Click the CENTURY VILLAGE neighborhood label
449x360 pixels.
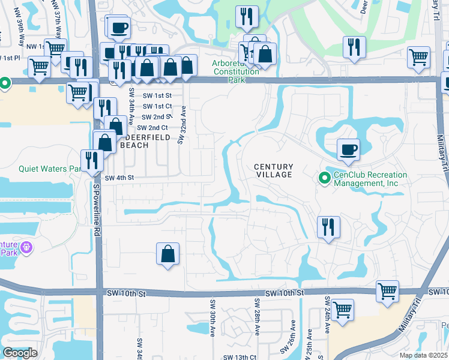273,171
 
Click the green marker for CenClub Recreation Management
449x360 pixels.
325,178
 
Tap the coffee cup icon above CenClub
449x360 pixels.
348,149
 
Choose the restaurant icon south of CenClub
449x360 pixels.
328,227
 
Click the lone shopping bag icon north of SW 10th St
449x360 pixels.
168,253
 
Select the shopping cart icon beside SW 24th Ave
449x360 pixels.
342,310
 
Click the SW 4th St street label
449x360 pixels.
118,178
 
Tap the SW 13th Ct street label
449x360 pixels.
240,356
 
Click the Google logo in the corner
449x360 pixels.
20,353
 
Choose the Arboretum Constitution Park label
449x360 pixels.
235,68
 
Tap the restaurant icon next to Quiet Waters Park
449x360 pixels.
92,160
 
